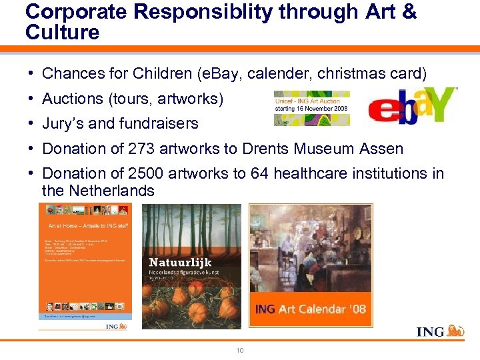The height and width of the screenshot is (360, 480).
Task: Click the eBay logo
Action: tap(412, 107)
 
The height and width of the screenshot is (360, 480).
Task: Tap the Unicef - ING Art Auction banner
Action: tap(312, 108)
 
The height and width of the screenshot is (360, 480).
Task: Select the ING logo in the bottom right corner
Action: tap(440, 331)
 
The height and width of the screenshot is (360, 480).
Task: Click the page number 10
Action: tap(239, 350)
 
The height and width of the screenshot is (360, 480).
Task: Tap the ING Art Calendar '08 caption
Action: tap(311, 309)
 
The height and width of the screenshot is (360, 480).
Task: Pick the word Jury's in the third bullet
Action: tap(61, 123)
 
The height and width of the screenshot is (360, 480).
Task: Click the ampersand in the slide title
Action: tap(408, 12)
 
